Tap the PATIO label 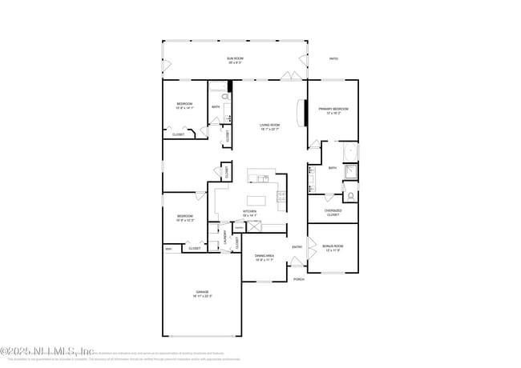tap(333, 58)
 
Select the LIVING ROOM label tap(269, 126)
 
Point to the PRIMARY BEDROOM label tap(333, 110)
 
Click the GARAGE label tap(201, 294)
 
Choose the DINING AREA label tap(265, 258)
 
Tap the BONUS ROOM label tap(333, 248)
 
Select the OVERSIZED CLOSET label tap(333, 213)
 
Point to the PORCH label tap(298, 279)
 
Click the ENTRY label tap(297, 246)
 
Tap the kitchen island tap(257, 200)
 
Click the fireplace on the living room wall tap(303, 113)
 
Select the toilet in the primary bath tap(350, 194)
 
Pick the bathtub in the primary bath tap(350, 152)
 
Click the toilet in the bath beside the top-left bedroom tap(226, 98)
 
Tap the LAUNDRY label tap(225, 238)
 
